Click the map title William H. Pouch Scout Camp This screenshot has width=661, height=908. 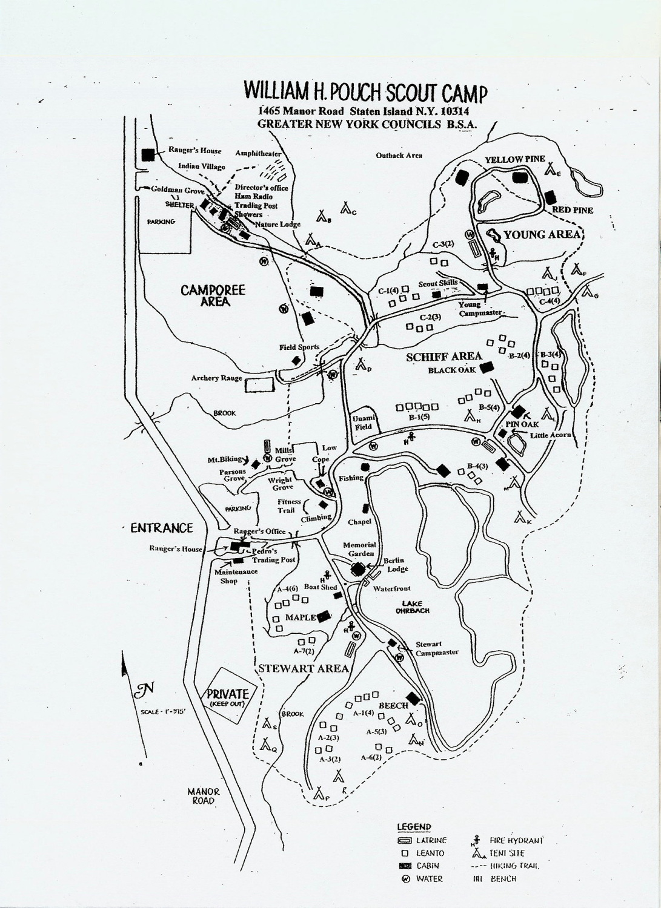[365, 92]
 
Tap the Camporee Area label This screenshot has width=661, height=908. [213, 295]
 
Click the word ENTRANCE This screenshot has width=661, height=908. [161, 528]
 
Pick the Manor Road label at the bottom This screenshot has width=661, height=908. [203, 796]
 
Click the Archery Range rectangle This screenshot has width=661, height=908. [259, 384]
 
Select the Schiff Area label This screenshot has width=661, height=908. [453, 356]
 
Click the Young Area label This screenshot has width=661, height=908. [542, 235]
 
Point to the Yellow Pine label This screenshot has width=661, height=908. [512, 159]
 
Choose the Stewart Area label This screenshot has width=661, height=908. [304, 668]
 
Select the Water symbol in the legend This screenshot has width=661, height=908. [404, 879]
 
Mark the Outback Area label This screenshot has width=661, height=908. [399, 156]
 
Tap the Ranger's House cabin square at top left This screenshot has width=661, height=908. [147, 154]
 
